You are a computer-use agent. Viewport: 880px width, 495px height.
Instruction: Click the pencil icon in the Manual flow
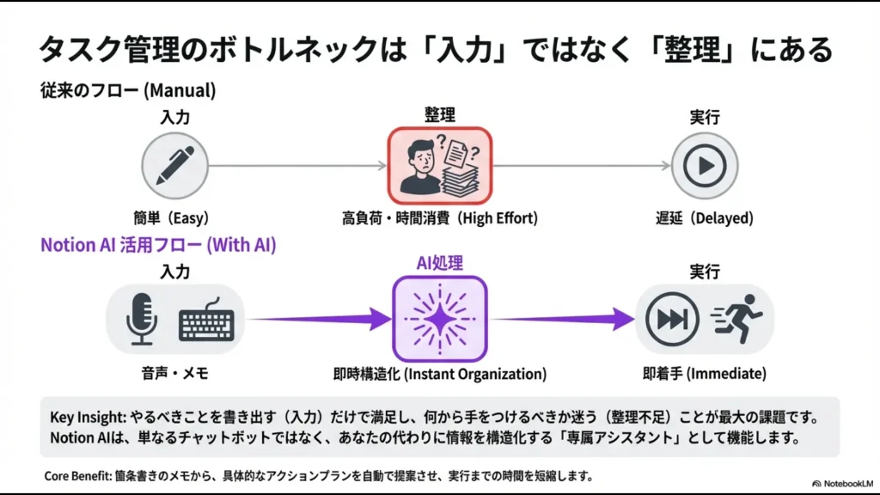tap(174, 165)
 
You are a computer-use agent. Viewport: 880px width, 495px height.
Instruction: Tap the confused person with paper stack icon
tap(440, 165)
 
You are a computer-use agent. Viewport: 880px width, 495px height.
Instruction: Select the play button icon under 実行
tap(705, 165)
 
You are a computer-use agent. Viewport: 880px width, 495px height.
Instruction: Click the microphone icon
tap(141, 319)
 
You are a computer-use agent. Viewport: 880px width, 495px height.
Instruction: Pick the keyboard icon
tap(206, 322)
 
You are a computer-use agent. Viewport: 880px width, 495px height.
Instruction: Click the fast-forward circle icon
tap(671, 320)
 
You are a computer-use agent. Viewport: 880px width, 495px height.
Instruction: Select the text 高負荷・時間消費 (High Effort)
tap(440, 218)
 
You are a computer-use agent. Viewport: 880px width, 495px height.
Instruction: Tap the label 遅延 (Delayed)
tap(705, 218)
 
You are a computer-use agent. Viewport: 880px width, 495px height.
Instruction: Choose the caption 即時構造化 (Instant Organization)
tap(440, 374)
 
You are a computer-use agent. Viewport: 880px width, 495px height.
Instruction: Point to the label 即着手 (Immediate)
tap(705, 374)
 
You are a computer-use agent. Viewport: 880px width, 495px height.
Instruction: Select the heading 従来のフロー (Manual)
tap(128, 89)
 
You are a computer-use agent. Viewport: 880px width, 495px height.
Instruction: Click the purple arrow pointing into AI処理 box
tap(318, 321)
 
